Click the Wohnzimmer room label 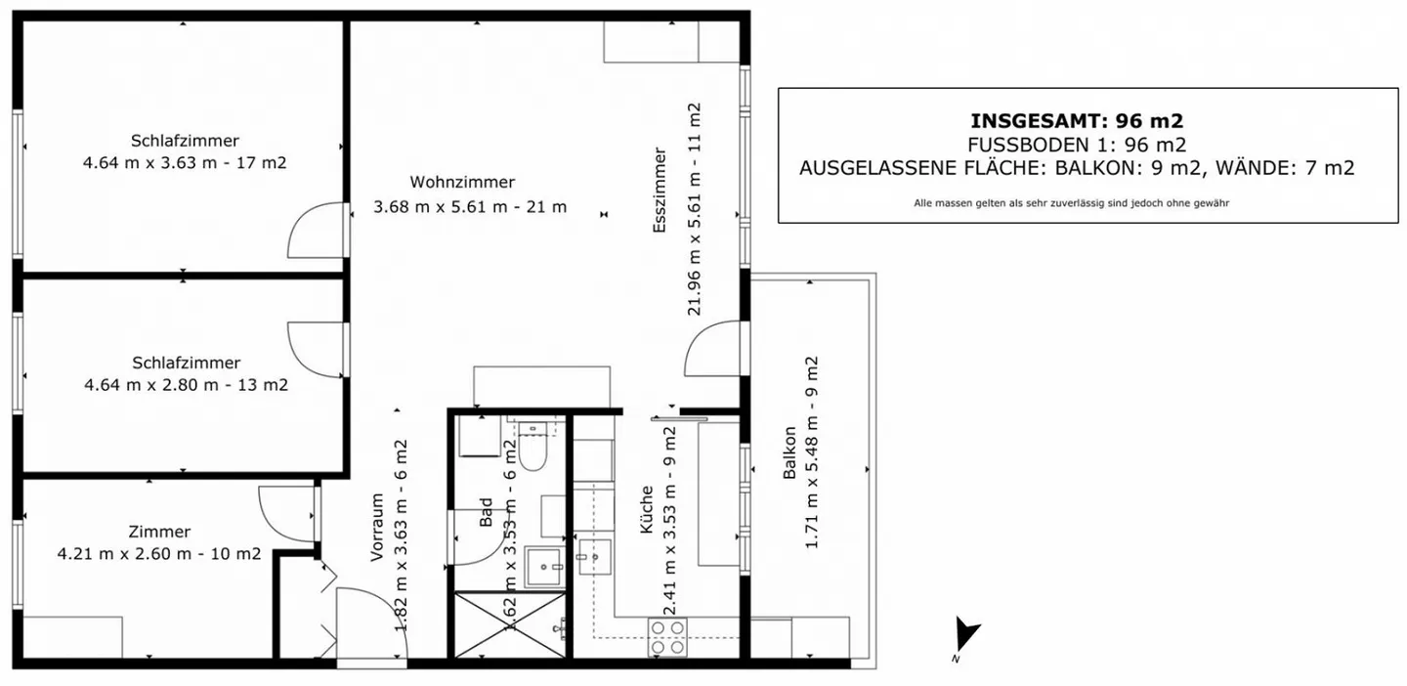click(462, 183)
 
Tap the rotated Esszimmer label click(661, 190)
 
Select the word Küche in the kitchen click(646, 510)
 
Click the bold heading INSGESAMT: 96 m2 click(1077, 121)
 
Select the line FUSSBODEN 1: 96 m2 click(1077, 145)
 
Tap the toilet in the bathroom click(533, 452)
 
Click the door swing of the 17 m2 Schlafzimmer click(316, 232)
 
